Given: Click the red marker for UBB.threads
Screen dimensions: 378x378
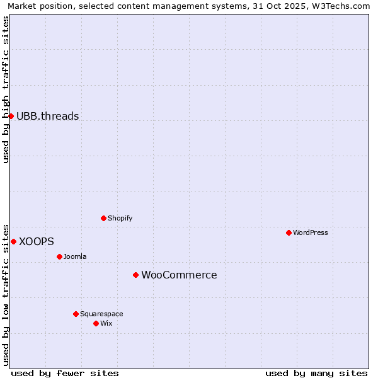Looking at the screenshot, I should [11, 116].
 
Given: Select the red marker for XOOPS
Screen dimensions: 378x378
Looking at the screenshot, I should [13, 241].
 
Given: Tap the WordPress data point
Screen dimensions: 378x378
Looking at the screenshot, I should [289, 232].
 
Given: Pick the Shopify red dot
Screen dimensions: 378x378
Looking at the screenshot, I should [103, 218].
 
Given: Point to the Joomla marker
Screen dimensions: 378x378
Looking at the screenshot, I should [59, 256].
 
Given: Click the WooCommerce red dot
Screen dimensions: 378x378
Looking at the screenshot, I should [135, 275].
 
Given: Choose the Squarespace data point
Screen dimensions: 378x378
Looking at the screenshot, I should [76, 314].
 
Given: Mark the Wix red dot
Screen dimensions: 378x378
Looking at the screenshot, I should [96, 323].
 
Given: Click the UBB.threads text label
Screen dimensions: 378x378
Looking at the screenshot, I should [48, 116].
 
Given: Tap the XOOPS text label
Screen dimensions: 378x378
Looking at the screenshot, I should [37, 241].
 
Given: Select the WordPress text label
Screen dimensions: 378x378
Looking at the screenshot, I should [311, 232].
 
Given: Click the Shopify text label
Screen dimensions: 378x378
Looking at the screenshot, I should [120, 218].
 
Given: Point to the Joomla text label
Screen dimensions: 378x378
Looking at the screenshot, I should [75, 256].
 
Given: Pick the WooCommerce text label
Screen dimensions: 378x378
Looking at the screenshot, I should [179, 275].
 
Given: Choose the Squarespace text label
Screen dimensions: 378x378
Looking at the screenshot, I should [101, 314].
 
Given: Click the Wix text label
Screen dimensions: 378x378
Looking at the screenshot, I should [106, 323].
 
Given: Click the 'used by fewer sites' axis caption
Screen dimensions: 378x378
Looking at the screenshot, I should [65, 373].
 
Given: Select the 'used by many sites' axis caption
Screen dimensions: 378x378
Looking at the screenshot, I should [316, 373].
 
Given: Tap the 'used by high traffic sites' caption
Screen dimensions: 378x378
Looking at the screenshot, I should [6, 89].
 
